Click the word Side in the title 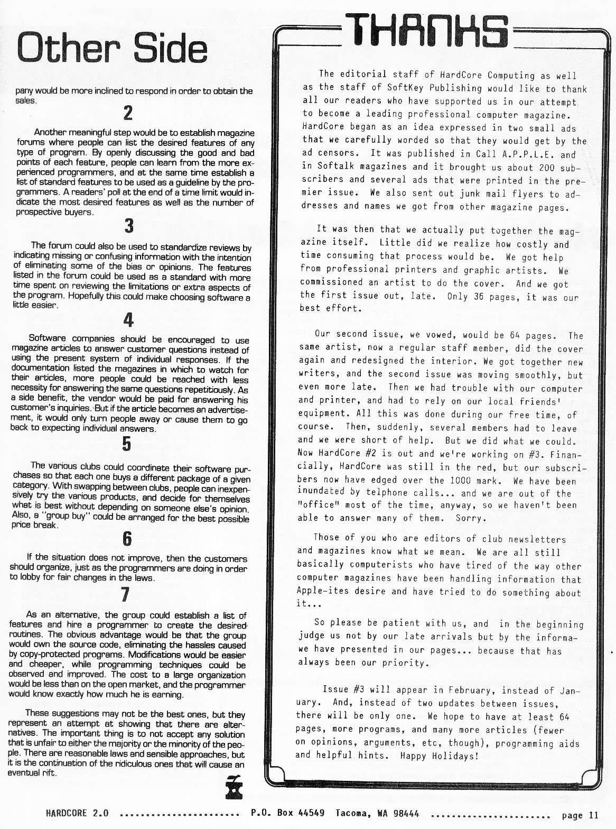click(x=170, y=48)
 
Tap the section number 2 click(x=128, y=113)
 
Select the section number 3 click(x=129, y=226)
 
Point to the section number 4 click(x=128, y=320)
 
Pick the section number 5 click(x=127, y=444)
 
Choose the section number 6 click(x=127, y=539)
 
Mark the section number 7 click(x=125, y=595)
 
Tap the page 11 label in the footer click(x=580, y=815)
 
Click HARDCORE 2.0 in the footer click(x=77, y=813)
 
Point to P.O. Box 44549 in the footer click(x=287, y=813)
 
